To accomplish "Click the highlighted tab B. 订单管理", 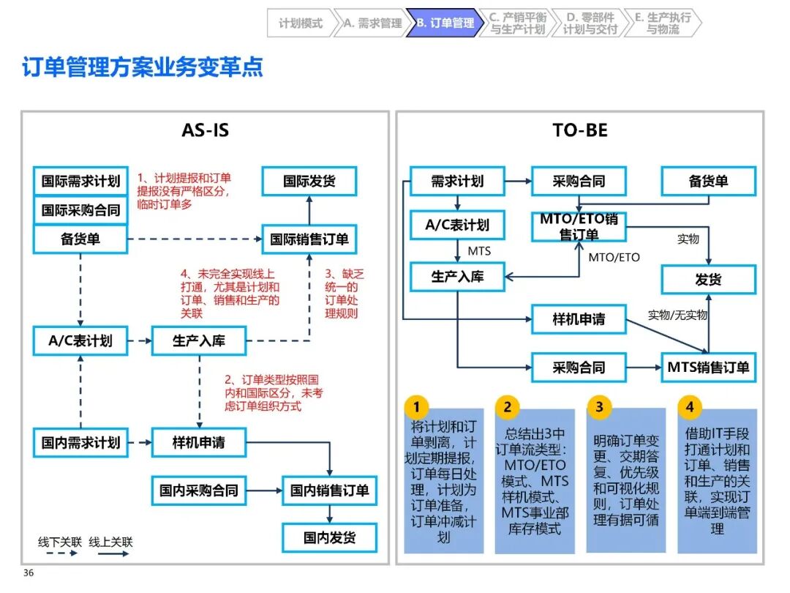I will pyautogui.click(x=445, y=23).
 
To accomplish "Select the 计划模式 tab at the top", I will pyautogui.click(x=301, y=23).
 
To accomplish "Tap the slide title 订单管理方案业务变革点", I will pyautogui.click(x=143, y=68).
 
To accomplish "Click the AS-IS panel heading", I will pyautogui.click(x=205, y=130).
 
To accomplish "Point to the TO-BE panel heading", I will pyautogui.click(x=579, y=130).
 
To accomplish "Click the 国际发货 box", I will pyautogui.click(x=309, y=181).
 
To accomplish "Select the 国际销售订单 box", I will pyautogui.click(x=309, y=239).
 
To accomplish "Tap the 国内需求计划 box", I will pyautogui.click(x=80, y=442).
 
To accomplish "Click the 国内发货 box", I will pyautogui.click(x=329, y=538).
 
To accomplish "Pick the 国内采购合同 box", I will pyautogui.click(x=199, y=491).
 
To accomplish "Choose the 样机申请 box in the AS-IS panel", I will pyautogui.click(x=199, y=442).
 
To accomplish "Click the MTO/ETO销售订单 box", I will pyautogui.click(x=579, y=226).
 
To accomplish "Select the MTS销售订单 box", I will pyautogui.click(x=708, y=367).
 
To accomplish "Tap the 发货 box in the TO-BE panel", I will pyautogui.click(x=708, y=280).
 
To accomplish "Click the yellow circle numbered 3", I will pyautogui.click(x=599, y=407).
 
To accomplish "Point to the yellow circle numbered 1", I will pyautogui.click(x=417, y=407).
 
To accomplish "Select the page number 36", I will pyautogui.click(x=29, y=573).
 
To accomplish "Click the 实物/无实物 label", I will pyautogui.click(x=677, y=316).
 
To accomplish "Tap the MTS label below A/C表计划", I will pyautogui.click(x=479, y=251).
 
